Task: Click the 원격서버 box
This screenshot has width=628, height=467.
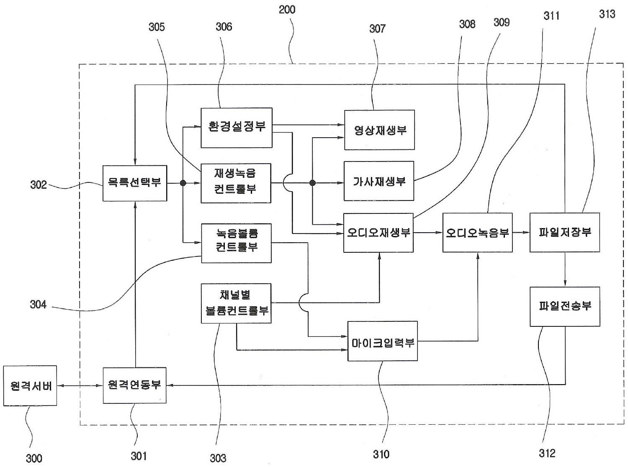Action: point(30,385)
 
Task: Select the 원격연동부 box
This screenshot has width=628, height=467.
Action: point(134,385)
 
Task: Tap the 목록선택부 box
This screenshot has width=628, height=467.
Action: point(134,183)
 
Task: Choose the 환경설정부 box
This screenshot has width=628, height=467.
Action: point(236,127)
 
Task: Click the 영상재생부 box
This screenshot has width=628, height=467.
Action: point(379,130)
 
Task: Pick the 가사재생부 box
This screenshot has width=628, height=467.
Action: point(378,181)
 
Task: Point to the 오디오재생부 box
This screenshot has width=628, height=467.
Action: point(378,233)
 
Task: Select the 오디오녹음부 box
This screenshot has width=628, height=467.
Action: point(477,233)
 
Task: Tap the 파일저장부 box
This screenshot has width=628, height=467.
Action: point(564,232)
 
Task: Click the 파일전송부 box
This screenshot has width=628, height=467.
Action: point(564,306)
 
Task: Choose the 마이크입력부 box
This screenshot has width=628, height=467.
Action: point(382,341)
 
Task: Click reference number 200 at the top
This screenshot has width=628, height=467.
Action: point(287,10)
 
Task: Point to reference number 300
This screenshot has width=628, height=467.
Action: point(34,458)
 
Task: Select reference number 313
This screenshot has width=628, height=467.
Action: point(607,14)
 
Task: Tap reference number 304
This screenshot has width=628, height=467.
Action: point(38,304)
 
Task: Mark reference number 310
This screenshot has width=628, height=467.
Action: point(381,454)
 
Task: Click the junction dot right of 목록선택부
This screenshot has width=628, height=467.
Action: point(183,183)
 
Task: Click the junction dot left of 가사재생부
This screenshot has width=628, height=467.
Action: point(312,183)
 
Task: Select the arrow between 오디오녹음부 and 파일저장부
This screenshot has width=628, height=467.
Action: point(521,233)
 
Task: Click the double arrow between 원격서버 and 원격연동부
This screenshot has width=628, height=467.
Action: point(80,385)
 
